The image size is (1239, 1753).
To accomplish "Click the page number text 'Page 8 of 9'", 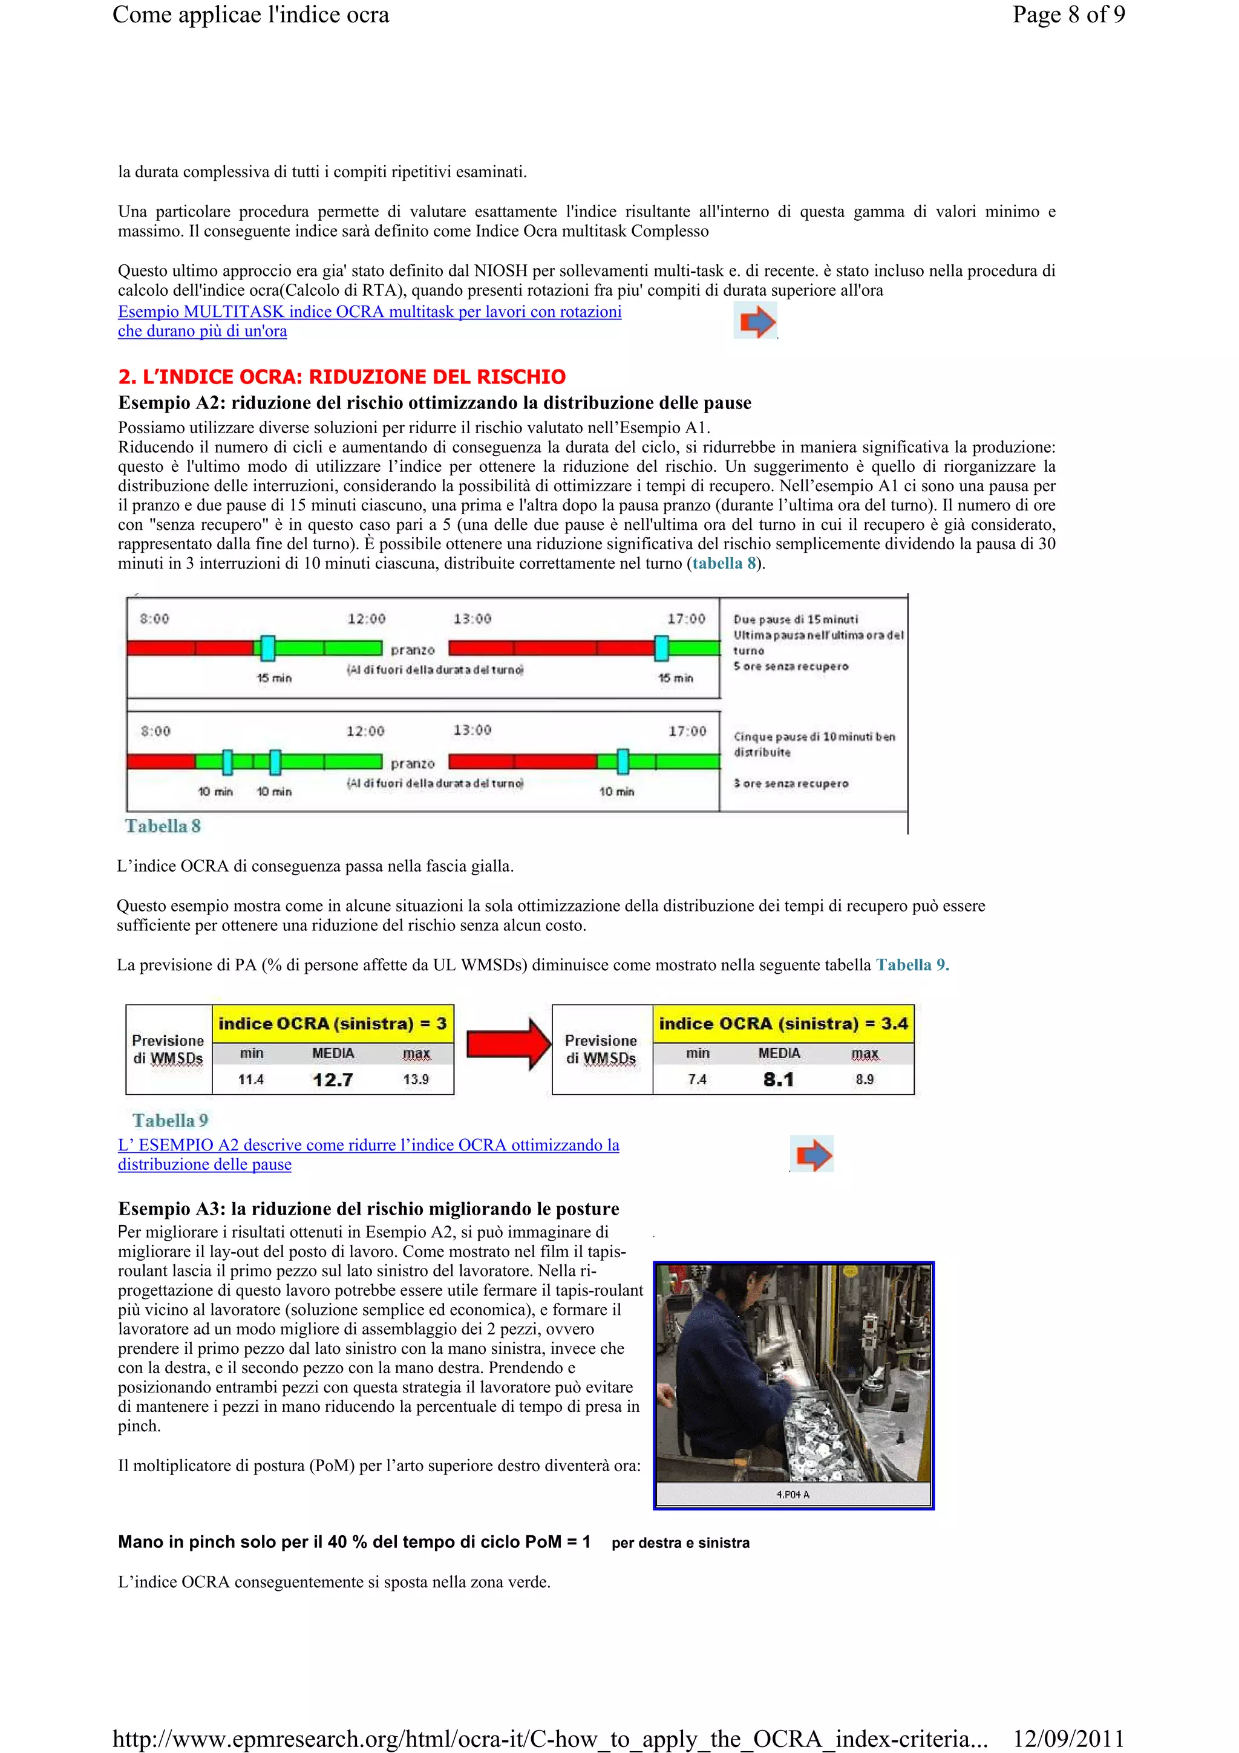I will tap(1068, 15).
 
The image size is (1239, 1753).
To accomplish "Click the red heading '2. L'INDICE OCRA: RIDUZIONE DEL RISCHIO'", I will tap(341, 376).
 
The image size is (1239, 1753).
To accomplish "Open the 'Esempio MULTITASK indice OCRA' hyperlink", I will tap(370, 312).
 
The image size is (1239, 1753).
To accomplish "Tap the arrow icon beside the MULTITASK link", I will tap(756, 321).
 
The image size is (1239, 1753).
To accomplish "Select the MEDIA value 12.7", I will tap(333, 1080).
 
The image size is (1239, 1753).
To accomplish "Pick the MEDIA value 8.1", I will tap(778, 1080).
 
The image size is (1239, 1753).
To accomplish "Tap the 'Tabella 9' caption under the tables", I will tap(169, 1120).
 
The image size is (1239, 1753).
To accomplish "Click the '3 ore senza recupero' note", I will tap(791, 783).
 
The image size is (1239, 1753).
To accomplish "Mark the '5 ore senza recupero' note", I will tap(791, 667).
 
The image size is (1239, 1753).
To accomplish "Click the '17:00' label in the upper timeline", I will tap(686, 618).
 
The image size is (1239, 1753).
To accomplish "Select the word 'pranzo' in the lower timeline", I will tap(412, 763).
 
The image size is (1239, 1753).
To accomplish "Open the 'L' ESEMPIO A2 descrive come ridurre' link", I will tap(368, 1145).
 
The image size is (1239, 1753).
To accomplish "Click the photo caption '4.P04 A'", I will tap(793, 1494).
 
